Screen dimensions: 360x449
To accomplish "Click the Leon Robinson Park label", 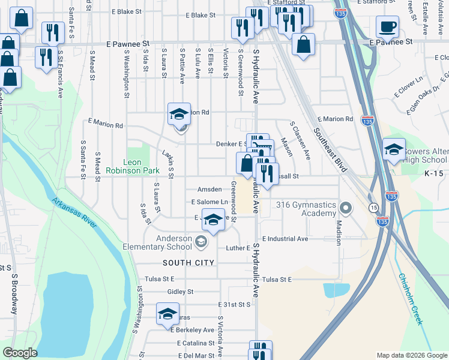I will (x=124, y=166).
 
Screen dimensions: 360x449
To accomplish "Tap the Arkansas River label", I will (x=74, y=213).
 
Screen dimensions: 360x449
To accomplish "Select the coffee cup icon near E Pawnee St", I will (x=387, y=27).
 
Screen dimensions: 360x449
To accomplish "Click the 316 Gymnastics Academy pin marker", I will (x=345, y=209).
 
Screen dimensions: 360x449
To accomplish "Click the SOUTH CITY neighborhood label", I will (x=188, y=263).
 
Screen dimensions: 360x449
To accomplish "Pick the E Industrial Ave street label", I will (x=285, y=238).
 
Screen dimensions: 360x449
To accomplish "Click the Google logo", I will (x=20, y=353).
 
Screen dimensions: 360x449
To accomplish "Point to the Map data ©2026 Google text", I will (x=412, y=355).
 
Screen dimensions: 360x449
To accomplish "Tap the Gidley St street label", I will (x=180, y=292).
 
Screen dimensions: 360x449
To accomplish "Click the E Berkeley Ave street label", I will (x=192, y=330).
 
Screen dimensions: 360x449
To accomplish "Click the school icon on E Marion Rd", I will (x=179, y=113).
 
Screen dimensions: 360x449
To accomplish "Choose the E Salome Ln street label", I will (x=209, y=202).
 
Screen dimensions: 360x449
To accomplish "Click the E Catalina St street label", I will (x=196, y=343).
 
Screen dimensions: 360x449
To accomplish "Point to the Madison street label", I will (x=339, y=231).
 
